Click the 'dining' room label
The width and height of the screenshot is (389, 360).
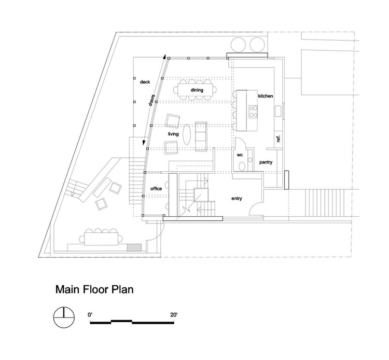coord(197,90)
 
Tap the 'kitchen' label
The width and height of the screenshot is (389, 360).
coord(266,96)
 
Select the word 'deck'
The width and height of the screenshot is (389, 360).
coord(145,82)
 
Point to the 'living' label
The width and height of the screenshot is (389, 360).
coord(173,134)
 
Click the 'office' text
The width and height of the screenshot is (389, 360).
coord(156,189)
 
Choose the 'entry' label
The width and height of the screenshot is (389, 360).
coord(237,199)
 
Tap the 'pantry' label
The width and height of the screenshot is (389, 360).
coord(266,162)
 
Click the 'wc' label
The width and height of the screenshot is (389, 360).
coord(240,155)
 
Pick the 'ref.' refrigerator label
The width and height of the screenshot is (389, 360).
coord(278,139)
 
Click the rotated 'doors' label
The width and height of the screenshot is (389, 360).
coord(151,100)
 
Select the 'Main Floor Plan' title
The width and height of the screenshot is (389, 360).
coord(94,289)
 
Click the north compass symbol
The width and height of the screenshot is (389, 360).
coord(64,317)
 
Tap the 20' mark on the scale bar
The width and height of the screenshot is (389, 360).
coord(174,315)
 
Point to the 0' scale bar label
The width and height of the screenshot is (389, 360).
coord(90,315)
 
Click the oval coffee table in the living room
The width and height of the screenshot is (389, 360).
coord(187,134)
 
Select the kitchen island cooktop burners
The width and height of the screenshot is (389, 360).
coord(253,112)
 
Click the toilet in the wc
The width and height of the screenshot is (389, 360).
coord(241,166)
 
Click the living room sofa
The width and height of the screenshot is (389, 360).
coord(201,136)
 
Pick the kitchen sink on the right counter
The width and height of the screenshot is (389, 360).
coord(278,111)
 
